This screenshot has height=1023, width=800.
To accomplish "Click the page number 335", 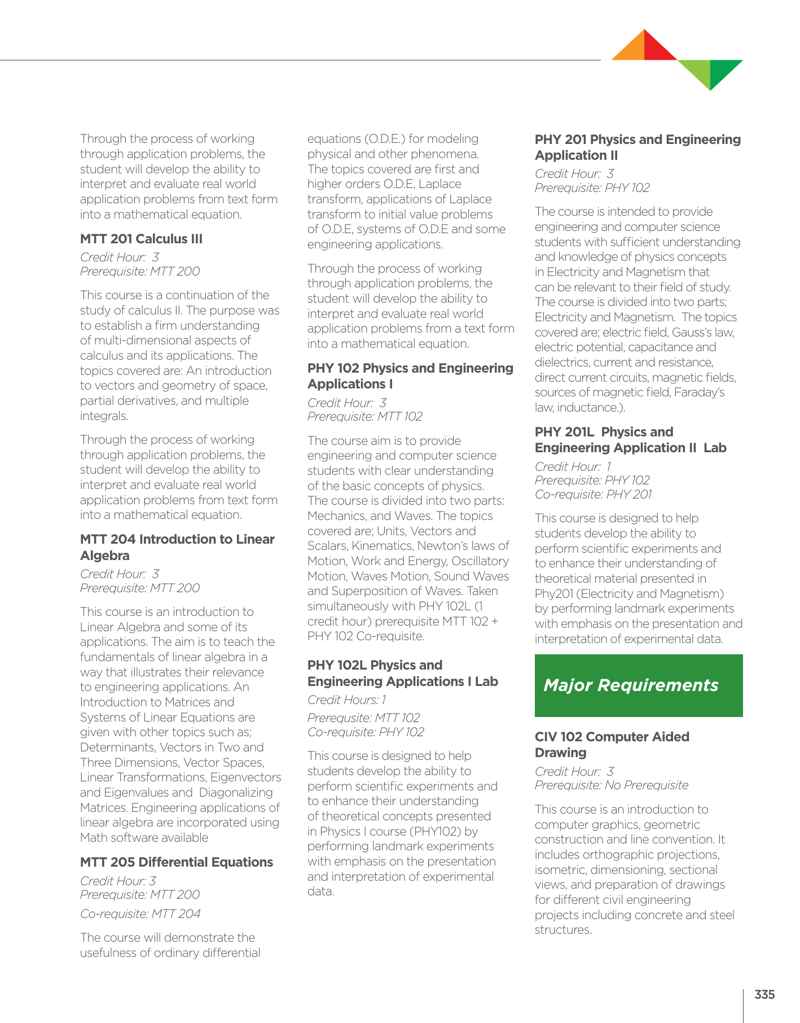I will pos(764,994).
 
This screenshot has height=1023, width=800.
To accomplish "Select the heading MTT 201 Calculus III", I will pos(141,239).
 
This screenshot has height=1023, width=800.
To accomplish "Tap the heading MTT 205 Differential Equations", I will pos(176,862).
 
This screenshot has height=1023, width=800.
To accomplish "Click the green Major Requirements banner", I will pos(638,685).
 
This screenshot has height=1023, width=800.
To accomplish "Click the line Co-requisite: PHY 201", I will pos(593,495).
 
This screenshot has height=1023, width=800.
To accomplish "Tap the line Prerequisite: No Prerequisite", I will pos(611,785).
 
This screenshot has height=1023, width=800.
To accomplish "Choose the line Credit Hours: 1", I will pos(346,700).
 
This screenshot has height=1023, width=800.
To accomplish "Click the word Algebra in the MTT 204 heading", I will pos(104,556).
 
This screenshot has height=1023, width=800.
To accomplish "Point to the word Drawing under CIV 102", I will pos(560,753).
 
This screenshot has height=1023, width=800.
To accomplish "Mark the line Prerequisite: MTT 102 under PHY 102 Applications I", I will pos(364,417).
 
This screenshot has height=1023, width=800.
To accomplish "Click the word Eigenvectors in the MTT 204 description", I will pos(245,777).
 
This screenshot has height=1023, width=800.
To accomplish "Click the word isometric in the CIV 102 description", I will pos(560,870).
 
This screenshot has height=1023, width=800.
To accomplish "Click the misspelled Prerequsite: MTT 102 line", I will pos(363,718).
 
